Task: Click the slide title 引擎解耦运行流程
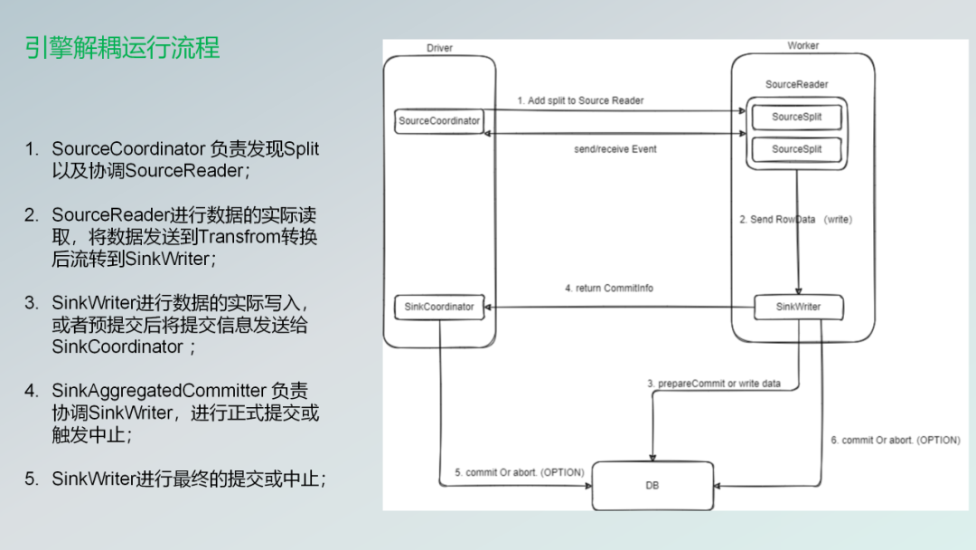coord(123,48)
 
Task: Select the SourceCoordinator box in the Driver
coord(439,120)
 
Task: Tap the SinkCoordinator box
coord(439,307)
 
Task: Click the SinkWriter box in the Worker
coord(798,307)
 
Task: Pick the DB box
coord(652,486)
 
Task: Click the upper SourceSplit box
coord(794,118)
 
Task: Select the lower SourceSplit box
coord(794,149)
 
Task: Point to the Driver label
coord(439,48)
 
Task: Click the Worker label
coord(803,46)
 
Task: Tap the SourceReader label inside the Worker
coord(796,85)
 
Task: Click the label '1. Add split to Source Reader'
coord(580,100)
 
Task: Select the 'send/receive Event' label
coord(615,149)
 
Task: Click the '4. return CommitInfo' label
coord(608,289)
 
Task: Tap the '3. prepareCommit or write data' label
coord(714,384)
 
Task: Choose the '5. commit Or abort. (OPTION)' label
coord(519,472)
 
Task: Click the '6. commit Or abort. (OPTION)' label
coord(895,440)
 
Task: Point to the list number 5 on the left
coord(32,479)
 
